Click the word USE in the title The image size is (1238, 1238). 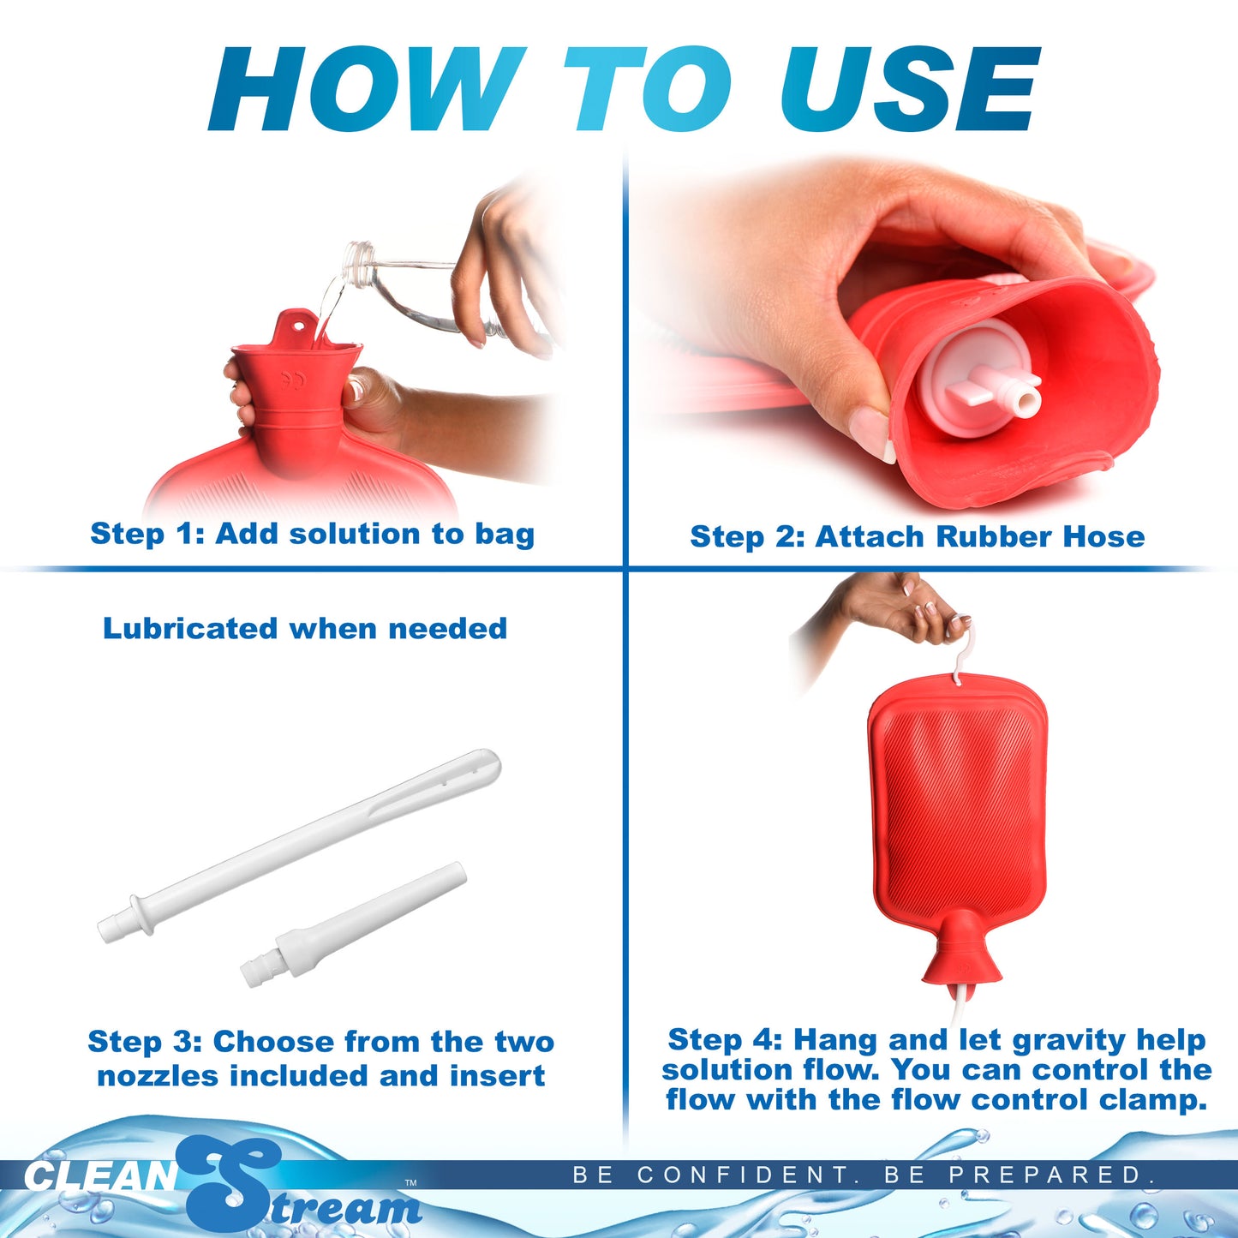(908, 89)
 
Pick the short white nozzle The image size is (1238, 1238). (353, 925)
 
